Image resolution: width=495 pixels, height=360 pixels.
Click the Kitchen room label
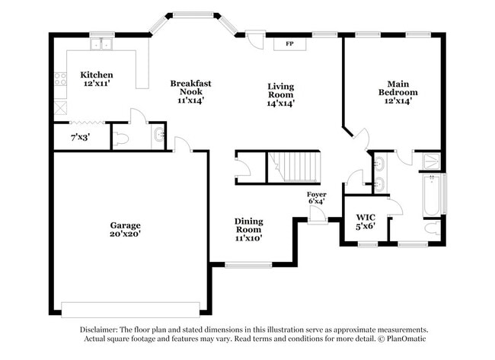[x=97, y=79]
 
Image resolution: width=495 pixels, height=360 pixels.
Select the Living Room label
[x=280, y=94]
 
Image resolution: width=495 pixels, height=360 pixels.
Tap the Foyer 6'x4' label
[x=316, y=198]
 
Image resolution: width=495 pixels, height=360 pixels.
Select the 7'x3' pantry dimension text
[x=79, y=138]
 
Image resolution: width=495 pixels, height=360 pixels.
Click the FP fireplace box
[x=289, y=44]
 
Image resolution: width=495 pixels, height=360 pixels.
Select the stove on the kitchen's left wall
[x=59, y=79]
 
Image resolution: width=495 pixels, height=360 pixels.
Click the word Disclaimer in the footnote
[x=99, y=330]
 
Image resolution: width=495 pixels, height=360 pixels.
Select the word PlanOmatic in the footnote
[x=407, y=339]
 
